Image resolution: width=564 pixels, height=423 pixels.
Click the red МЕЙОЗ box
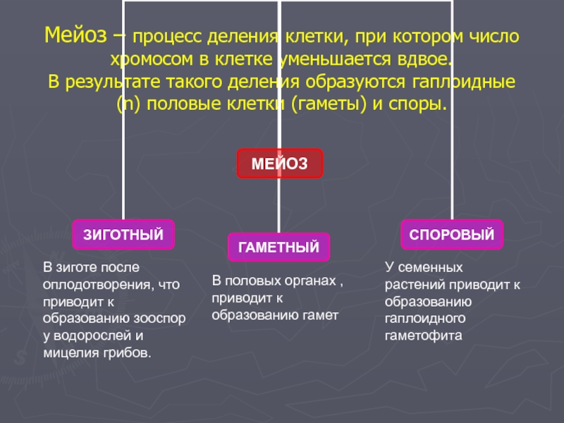point(280,164)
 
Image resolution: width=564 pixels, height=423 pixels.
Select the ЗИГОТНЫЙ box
point(123,234)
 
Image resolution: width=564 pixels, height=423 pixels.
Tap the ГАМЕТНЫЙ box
point(278,247)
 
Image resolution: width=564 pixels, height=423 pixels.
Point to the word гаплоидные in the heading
point(463,81)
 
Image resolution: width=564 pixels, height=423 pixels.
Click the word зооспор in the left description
point(161,318)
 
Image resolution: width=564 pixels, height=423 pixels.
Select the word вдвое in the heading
point(420,58)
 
